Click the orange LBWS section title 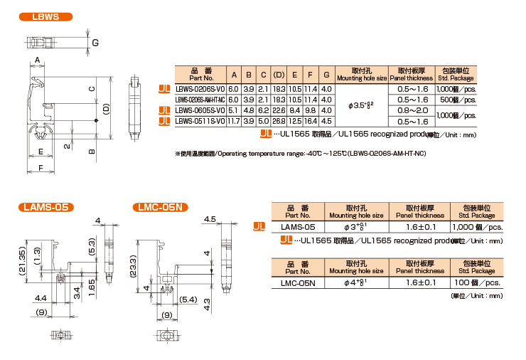point(45,16)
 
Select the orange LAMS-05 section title point(45,207)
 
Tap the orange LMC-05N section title point(160,207)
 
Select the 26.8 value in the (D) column point(279,121)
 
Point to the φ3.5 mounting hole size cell point(361,105)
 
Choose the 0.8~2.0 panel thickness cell point(412,110)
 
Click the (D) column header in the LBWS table point(279,75)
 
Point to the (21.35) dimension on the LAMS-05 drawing point(22,263)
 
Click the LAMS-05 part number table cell point(298,226)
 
